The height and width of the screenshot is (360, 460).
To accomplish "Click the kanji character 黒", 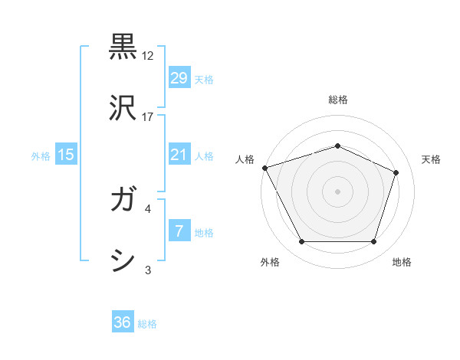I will [123, 46].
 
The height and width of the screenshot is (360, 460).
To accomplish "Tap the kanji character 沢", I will [123, 107].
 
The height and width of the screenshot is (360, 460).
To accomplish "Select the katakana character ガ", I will [123, 201].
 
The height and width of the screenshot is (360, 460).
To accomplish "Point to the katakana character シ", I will [123, 260].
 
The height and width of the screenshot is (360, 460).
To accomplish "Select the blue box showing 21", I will [179, 155].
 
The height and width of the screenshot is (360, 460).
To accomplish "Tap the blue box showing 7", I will [179, 231].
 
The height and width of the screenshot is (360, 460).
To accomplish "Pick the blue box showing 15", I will [66, 155].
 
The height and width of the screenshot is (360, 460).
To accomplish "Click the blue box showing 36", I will [122, 322].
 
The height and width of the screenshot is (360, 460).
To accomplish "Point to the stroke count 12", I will [148, 56].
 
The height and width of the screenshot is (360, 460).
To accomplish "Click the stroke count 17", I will [148, 117].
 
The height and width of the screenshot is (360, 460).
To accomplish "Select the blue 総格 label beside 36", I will [147, 324].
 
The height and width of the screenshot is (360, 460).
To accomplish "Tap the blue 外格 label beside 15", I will [41, 155].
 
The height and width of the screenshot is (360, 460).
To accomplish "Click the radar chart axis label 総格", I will [337, 100].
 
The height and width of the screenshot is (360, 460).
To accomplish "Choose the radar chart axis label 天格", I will [431, 159].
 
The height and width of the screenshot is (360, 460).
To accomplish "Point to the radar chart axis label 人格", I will [245, 159].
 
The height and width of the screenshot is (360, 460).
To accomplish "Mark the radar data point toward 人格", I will [264, 168].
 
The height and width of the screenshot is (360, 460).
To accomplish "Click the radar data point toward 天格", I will [396, 172].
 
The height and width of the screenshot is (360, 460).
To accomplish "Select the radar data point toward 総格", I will [337, 146].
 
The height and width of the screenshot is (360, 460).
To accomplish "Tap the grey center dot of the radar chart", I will [337, 191].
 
